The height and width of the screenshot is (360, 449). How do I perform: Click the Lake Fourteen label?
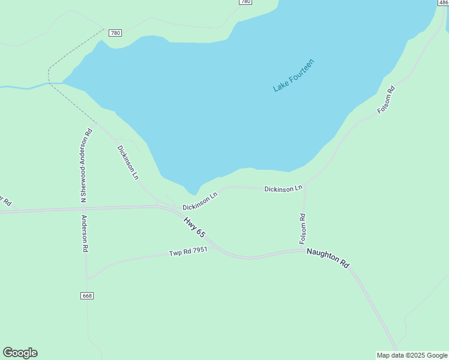[x=294, y=75]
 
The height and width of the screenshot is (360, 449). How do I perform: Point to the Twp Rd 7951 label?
[x=188, y=252]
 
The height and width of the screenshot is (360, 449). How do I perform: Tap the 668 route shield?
[x=87, y=296]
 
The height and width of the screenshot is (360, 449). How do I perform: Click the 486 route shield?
[x=444, y=2]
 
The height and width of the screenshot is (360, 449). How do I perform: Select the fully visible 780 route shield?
[x=115, y=32]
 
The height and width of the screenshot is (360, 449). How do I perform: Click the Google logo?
[x=20, y=353]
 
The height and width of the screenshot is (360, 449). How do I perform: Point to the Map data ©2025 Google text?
[x=412, y=355]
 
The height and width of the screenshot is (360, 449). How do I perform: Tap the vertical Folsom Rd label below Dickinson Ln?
[x=303, y=229]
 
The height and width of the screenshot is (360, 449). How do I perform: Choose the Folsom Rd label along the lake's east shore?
[x=386, y=100]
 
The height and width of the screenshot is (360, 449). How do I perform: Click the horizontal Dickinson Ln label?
[x=283, y=189]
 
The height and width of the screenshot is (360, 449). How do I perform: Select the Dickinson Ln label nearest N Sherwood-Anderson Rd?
[x=128, y=162]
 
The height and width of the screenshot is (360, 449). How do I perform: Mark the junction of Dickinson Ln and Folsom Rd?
[x=305, y=185]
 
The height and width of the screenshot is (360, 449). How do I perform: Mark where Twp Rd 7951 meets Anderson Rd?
[x=88, y=278]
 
